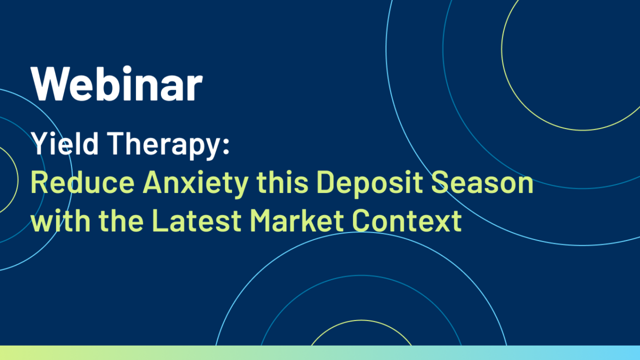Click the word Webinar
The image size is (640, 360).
(117, 83)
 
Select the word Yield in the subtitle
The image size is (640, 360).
(65, 143)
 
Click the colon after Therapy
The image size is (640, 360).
(226, 147)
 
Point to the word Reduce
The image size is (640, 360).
(83, 182)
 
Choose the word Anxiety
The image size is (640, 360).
(195, 185)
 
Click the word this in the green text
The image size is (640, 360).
(282, 182)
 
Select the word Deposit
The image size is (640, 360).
(370, 185)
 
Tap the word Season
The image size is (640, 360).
(482, 182)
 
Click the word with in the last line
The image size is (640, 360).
(61, 220)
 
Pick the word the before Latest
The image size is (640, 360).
(121, 220)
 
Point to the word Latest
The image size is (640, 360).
(197, 220)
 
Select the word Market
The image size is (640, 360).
(297, 220)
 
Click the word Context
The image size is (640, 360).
(406, 220)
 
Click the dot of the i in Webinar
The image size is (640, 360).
(127, 70)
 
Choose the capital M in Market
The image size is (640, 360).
(261, 220)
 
